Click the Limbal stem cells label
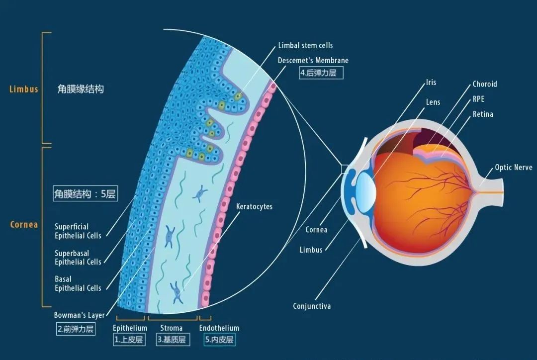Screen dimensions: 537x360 click(305, 45)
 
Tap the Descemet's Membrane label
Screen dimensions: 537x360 click(313, 60)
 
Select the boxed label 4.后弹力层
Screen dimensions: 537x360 click(321, 73)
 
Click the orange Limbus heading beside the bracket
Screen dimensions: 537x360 click(24, 89)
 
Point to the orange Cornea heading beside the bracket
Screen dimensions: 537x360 click(24, 224)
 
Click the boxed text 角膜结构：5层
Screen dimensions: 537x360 click(86, 193)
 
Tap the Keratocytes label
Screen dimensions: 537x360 click(254, 206)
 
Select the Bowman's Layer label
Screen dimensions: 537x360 click(79, 315)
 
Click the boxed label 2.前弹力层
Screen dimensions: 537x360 click(76, 329)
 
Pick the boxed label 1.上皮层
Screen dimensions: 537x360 click(129, 340)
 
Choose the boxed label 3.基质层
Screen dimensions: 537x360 click(173, 340)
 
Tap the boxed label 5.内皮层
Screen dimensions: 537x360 click(220, 340)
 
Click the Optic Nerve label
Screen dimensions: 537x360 click(514, 168)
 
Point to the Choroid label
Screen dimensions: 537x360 click(485, 84)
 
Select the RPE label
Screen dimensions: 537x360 click(478, 99)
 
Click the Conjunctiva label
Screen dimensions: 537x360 click(312, 306)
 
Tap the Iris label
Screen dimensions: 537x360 click(431, 82)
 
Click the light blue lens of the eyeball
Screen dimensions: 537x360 click(366, 192)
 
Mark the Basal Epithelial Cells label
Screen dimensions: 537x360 click(78, 283)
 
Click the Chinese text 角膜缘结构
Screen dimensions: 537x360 click(81, 90)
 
